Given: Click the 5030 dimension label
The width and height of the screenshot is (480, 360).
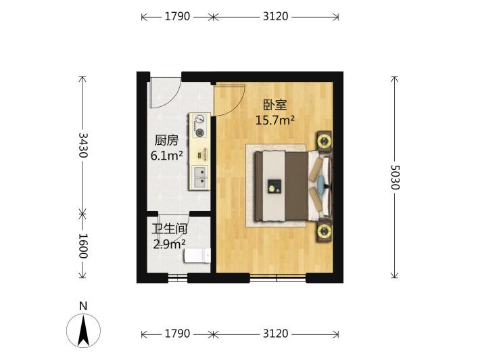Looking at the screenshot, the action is (x=395, y=177).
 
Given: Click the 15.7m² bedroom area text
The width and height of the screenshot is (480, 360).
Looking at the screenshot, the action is (x=275, y=120).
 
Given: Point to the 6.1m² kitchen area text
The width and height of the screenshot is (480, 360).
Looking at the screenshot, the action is (x=166, y=156).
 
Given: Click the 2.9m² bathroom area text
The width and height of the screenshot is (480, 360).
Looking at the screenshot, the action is (x=169, y=244).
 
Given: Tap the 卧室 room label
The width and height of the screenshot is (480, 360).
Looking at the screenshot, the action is (x=275, y=105).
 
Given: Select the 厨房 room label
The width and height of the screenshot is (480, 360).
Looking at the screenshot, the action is (x=166, y=141).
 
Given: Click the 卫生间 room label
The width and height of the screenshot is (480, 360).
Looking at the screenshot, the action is (x=169, y=229).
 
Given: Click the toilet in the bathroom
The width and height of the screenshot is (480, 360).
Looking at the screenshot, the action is (x=197, y=256).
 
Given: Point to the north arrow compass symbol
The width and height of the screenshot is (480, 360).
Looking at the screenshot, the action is (x=83, y=331).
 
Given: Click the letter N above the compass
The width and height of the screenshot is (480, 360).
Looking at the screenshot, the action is (x=83, y=306).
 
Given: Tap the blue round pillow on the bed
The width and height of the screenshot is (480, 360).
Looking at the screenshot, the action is (x=322, y=182).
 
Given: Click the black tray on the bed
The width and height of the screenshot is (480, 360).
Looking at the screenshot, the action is (x=274, y=186).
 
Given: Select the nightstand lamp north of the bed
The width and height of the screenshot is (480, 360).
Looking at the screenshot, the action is (x=325, y=141).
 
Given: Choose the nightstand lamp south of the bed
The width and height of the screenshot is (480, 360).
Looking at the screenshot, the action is (x=325, y=231).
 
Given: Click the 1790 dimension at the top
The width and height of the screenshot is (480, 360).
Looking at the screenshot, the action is (x=177, y=16).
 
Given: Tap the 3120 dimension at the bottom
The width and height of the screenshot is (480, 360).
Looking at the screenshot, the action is (x=276, y=333).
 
